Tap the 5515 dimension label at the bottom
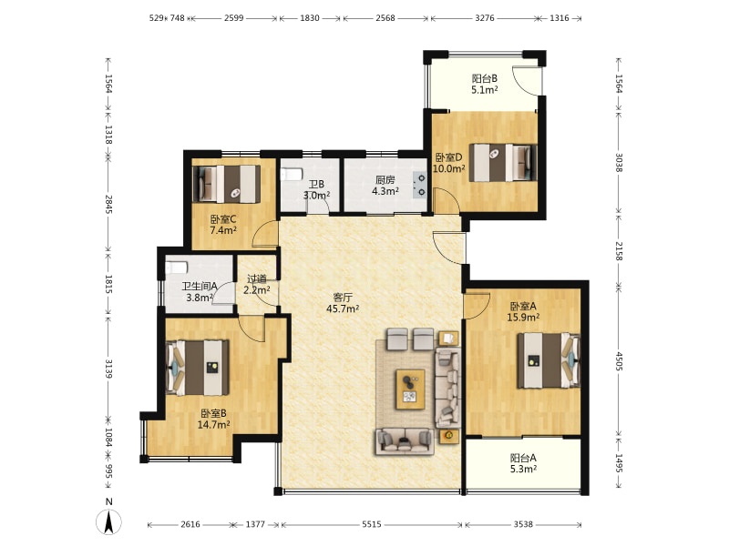coord(372,524)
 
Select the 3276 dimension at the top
coord(485,18)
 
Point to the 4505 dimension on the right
coord(619,360)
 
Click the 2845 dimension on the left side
coord(108,204)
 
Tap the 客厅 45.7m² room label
coord(343,303)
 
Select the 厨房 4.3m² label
coord(385,186)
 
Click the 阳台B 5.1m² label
coord(485,84)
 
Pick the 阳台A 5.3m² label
coord(523,463)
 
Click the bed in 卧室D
coord(502,163)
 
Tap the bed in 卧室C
coord(226,184)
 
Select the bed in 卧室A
coord(549,360)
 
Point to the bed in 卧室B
coord(198,368)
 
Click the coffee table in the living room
coord(410,389)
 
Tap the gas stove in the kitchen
coord(420,185)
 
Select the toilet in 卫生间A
coord(177,268)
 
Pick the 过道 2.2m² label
coord(257,285)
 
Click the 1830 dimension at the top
coord(310,18)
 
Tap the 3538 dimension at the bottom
coord(523,524)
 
